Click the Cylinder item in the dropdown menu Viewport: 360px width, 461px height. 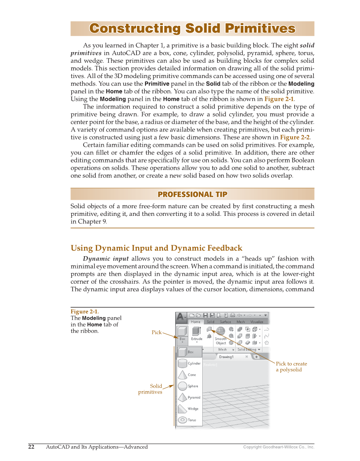[x=189, y=363]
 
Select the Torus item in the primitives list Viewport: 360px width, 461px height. [x=189, y=420]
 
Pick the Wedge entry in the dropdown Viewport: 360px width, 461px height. [x=189, y=409]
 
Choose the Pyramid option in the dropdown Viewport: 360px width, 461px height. [x=189, y=397]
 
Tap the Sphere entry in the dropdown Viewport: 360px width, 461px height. [x=189, y=386]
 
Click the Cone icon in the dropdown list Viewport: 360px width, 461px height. [x=183, y=375]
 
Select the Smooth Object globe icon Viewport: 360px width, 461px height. [x=221, y=331]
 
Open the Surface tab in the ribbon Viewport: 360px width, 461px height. [x=225, y=322]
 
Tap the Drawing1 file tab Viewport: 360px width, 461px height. [x=228, y=357]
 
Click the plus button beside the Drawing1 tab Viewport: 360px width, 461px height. [x=257, y=357]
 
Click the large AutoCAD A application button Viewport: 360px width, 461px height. [x=181, y=316]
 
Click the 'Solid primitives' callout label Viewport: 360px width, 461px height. [x=151, y=389]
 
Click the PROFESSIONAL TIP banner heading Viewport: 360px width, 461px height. [x=192, y=194]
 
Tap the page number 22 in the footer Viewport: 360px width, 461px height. [x=31, y=447]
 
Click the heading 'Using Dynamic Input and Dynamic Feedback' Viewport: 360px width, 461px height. [x=156, y=248]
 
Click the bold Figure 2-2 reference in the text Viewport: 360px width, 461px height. [x=295, y=137]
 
